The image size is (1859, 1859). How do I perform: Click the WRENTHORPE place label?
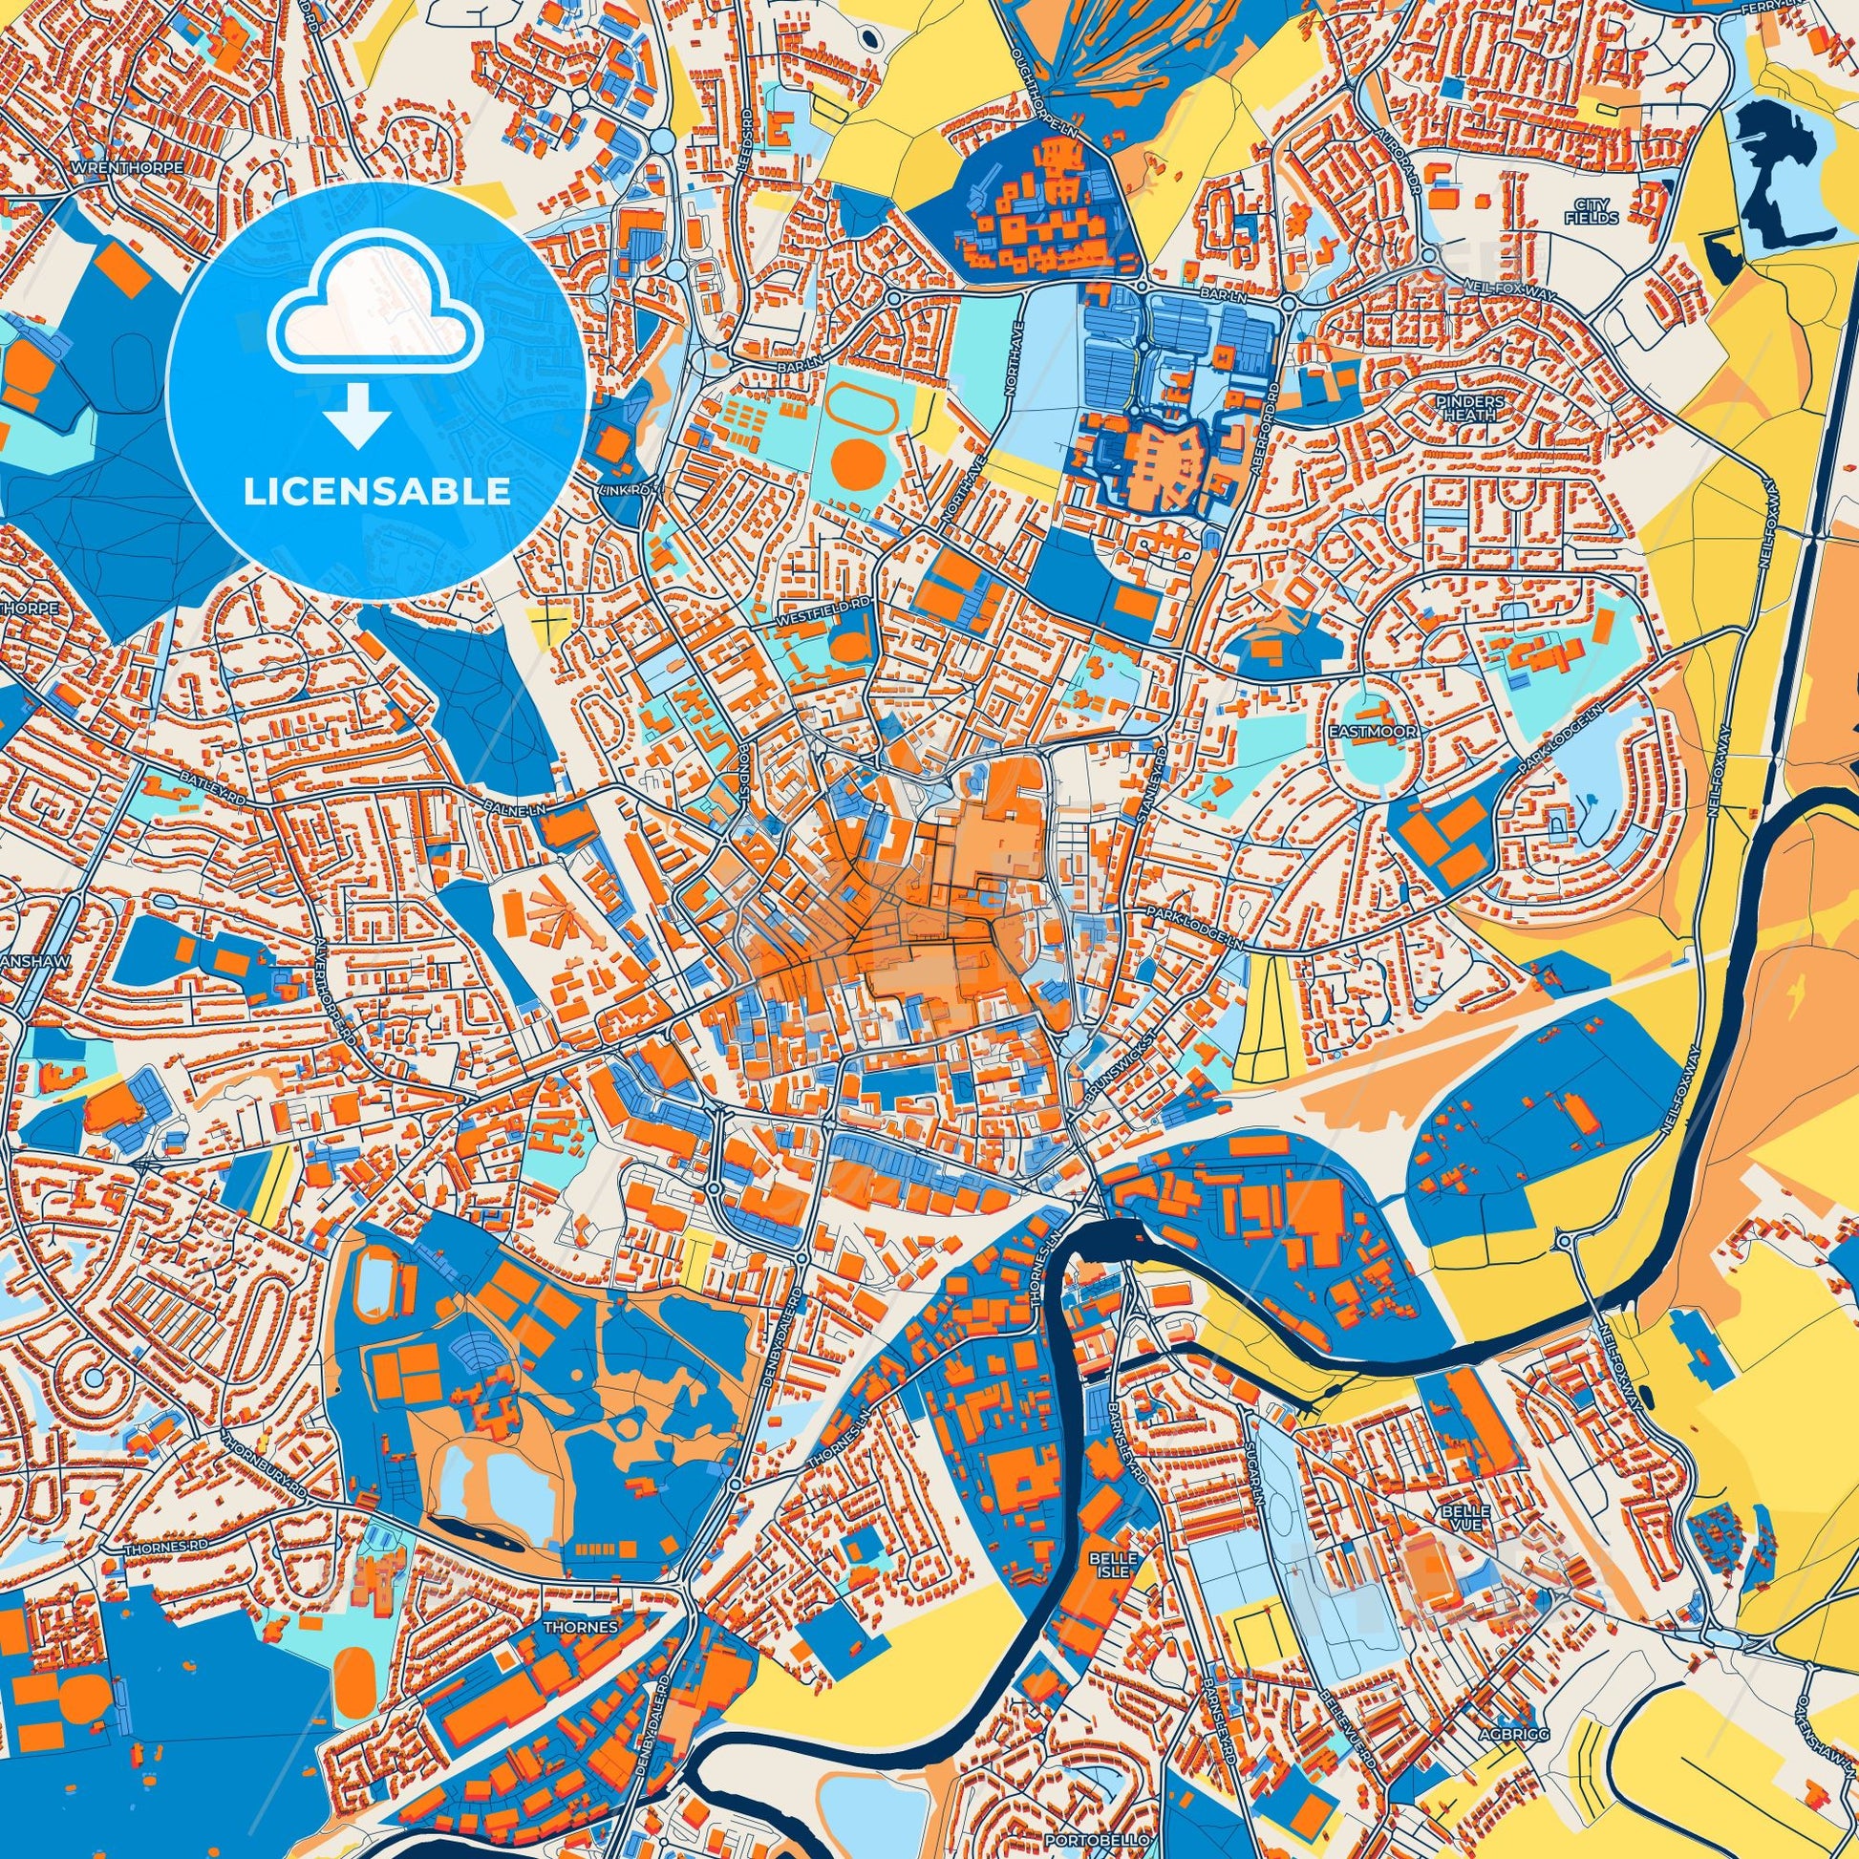click(x=127, y=166)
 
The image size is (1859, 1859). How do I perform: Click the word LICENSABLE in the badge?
click(x=377, y=492)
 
